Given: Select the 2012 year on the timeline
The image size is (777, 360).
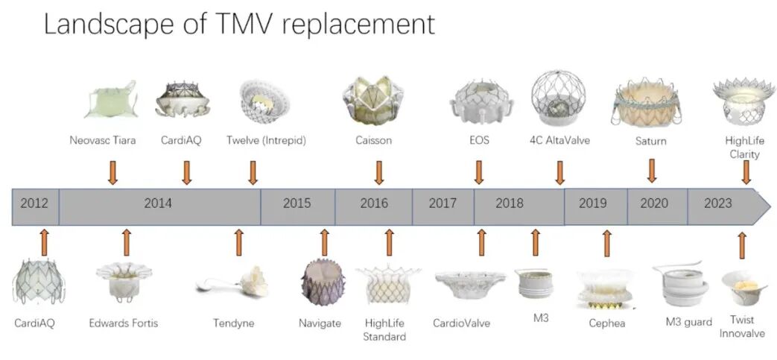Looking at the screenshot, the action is tap(34, 203).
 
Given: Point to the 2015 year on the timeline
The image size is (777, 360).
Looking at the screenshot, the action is tap(297, 203).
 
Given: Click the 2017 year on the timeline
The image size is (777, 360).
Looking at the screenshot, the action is tap(443, 203).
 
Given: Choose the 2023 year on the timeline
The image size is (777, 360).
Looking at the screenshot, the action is tap(717, 203).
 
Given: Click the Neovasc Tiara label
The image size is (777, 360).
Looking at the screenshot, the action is tap(103, 140).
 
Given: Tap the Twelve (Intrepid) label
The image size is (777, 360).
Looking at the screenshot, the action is tap(266, 140).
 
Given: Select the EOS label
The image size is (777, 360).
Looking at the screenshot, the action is tap(479, 140).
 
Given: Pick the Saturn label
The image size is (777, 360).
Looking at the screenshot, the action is tap(651, 142).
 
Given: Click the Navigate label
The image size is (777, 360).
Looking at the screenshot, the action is tap(320, 323).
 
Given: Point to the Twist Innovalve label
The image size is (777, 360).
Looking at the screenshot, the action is tap(742, 326).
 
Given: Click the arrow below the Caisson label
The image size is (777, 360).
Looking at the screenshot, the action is tap(379, 173).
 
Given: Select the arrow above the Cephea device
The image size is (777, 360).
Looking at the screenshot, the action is tap(606, 243).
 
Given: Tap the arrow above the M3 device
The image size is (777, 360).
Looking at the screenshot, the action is tap(535, 242).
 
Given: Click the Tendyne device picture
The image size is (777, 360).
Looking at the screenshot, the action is tap(233, 282).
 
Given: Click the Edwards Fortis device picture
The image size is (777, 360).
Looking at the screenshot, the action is tap(124, 281).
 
